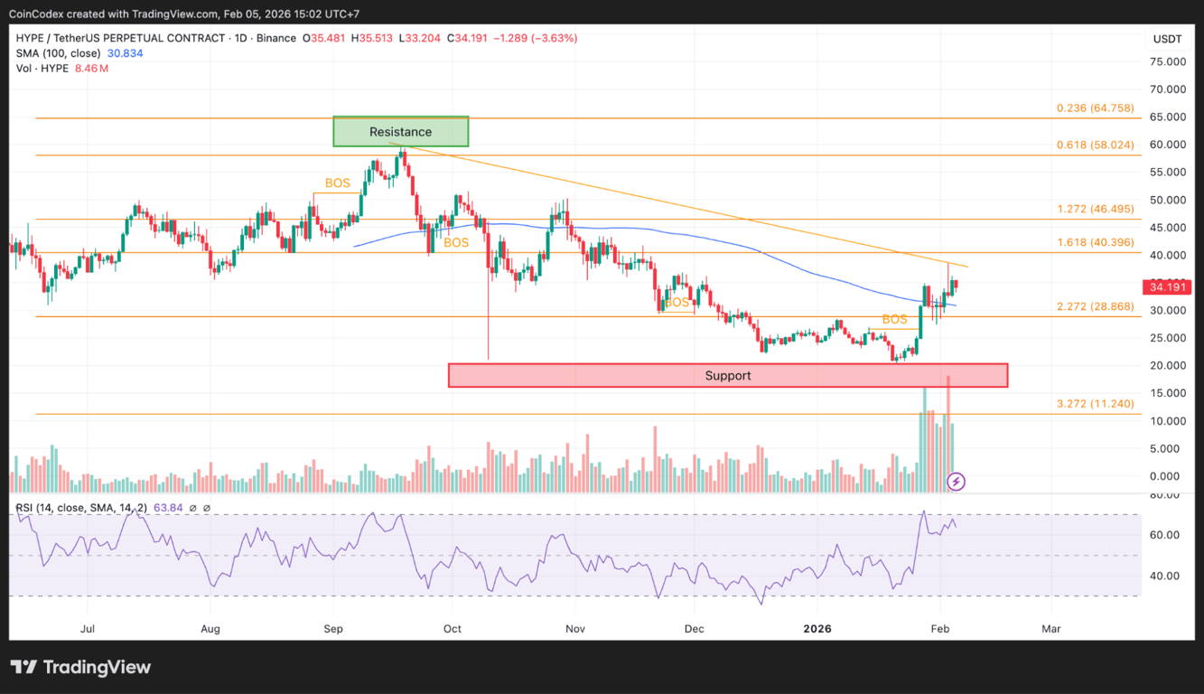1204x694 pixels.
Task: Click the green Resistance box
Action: [x=401, y=132]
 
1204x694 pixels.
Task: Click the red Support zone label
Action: [x=727, y=376]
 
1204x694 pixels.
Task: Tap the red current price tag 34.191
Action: [x=1167, y=287]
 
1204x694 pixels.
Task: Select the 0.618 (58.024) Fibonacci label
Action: [x=1095, y=145]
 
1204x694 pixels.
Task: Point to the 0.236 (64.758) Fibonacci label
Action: [x=1095, y=108]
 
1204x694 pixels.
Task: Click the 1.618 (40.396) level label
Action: [x=1095, y=242]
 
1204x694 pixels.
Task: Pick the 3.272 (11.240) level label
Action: [x=1095, y=404]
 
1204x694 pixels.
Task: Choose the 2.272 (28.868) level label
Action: [x=1095, y=306]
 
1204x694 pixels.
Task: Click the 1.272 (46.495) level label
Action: [x=1095, y=209]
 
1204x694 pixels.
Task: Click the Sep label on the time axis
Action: [x=333, y=628]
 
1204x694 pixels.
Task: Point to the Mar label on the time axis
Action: [x=1050, y=628]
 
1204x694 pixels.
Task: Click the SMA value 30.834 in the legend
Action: [x=125, y=53]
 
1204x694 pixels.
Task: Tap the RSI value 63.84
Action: [x=169, y=508]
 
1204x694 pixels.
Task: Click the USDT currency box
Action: [x=1167, y=39]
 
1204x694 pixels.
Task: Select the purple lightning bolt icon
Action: [x=956, y=482]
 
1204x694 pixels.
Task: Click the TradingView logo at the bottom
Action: [x=81, y=668]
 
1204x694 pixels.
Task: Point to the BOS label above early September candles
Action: [x=337, y=183]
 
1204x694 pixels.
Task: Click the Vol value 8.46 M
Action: [x=92, y=69]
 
